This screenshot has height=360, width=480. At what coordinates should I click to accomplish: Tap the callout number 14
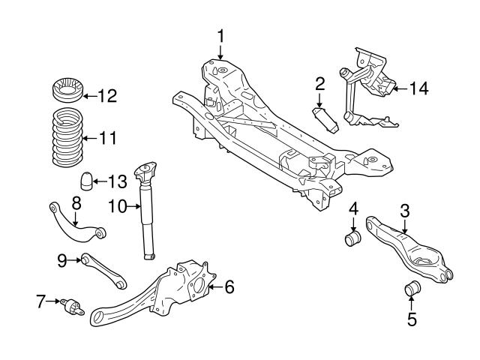[418, 88]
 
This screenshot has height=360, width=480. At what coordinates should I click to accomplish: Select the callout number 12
[109, 95]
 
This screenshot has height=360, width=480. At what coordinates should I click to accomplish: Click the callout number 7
[40, 302]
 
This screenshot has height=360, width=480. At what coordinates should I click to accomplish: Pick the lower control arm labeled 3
[409, 251]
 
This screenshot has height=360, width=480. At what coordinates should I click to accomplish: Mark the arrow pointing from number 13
[101, 181]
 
